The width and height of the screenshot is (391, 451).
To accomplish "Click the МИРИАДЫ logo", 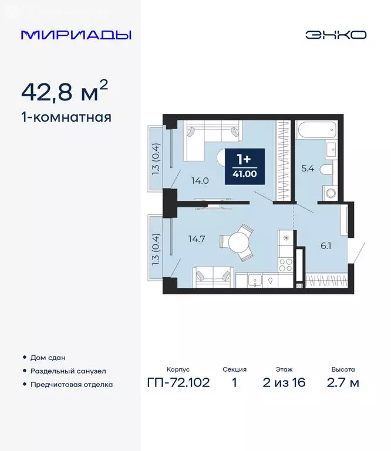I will (x=76, y=35).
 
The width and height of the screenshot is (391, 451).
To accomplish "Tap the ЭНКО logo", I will (x=335, y=35).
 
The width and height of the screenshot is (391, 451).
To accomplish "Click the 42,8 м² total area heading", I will (x=65, y=92).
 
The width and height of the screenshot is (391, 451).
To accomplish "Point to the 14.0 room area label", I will (x=200, y=181).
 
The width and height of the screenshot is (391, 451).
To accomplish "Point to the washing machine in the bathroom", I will (x=330, y=191).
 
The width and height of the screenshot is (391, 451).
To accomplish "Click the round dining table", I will (x=238, y=242).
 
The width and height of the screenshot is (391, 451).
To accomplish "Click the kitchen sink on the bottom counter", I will (x=255, y=281).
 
